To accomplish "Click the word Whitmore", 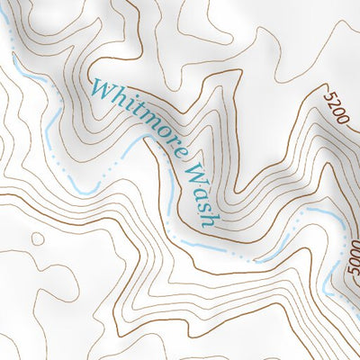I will tap(136, 116).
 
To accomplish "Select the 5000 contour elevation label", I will tap(350, 267).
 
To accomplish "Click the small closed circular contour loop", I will tap(37, 238).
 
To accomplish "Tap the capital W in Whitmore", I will tap(97, 89).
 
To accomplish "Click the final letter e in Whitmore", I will tap(166, 139).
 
